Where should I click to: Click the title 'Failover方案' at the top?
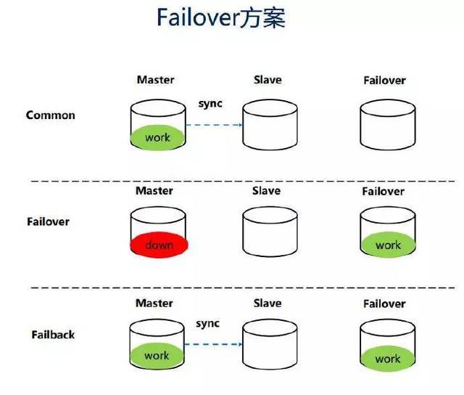coord(221,18)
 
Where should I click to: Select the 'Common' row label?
coord(50,115)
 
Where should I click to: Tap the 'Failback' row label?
coord(53,335)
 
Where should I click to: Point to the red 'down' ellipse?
coord(159,245)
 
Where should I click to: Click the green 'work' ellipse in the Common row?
coord(157,137)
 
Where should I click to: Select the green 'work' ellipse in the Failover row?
coord(388,245)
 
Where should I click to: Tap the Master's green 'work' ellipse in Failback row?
coord(157,356)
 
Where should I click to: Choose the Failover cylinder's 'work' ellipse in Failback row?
coord(388,358)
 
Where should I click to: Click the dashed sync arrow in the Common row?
coord(215,125)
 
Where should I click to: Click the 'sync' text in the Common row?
coord(210,104)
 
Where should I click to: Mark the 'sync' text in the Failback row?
coord(208,324)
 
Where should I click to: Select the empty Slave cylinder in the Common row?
coord(270,124)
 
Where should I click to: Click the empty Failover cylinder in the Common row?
coord(388,124)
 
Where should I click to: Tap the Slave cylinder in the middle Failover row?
coord(270,233)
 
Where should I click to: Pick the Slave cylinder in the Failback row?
coord(270,345)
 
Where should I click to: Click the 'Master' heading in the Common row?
coord(155,80)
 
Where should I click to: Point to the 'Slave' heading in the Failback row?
coord(268,303)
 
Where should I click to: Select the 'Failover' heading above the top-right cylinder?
coord(384,81)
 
